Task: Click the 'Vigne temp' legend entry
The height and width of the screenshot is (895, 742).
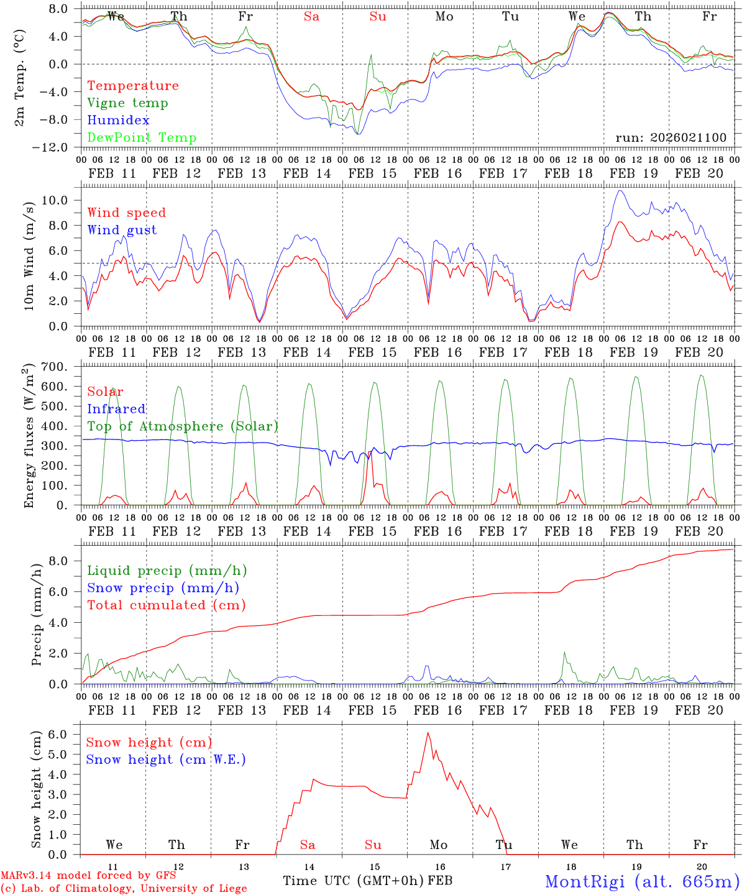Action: (127, 103)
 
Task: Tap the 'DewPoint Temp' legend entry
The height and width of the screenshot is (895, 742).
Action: (142, 138)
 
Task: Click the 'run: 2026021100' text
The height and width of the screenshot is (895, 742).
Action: (671, 138)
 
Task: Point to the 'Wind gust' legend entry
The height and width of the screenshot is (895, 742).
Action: (122, 230)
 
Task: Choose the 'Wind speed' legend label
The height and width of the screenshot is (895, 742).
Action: (126, 213)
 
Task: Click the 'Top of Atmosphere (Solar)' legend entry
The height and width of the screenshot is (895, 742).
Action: (182, 426)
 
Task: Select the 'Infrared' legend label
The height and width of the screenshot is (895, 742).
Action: (116, 409)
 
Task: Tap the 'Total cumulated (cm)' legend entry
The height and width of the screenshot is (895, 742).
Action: (166, 605)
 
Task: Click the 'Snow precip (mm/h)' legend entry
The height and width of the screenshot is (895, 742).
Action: (163, 588)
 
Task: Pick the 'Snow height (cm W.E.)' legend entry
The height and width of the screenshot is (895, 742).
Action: (165, 760)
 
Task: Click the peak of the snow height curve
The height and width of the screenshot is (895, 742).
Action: (428, 733)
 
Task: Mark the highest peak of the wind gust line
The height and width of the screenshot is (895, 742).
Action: (619, 191)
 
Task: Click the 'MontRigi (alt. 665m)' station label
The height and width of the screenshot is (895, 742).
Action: (642, 881)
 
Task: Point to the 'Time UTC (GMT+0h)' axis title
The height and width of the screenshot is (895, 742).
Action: (354, 881)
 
